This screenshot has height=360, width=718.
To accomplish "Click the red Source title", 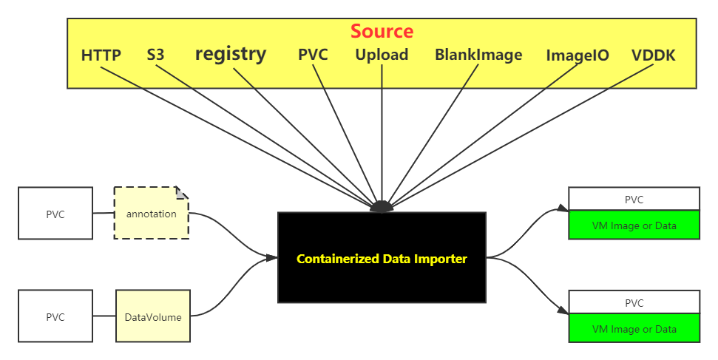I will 382,31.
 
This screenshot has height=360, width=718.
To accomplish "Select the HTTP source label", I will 101,55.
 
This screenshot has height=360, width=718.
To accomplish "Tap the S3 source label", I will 155,55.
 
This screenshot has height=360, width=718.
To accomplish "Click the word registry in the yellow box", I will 230,54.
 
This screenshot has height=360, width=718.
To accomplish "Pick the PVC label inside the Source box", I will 313,55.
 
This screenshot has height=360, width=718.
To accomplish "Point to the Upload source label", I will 382,55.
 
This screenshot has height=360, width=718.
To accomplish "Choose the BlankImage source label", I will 478,55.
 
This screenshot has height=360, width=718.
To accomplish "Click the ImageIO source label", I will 578,56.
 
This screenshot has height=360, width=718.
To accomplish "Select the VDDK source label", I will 653,56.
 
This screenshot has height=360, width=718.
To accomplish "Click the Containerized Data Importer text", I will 382,259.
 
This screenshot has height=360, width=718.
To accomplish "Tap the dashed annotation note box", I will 151,214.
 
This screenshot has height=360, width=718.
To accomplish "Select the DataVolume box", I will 152,317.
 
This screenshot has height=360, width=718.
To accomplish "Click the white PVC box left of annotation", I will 55,214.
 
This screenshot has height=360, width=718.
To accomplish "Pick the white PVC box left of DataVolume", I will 55,317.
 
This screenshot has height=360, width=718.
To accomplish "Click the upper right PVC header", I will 634,200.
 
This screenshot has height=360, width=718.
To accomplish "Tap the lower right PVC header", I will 634,303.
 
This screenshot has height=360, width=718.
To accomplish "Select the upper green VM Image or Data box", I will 634,225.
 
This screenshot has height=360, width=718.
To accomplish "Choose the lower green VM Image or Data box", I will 634,329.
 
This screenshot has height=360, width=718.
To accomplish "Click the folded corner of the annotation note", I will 182,193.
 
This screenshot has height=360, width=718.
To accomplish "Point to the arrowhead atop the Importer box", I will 381,207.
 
